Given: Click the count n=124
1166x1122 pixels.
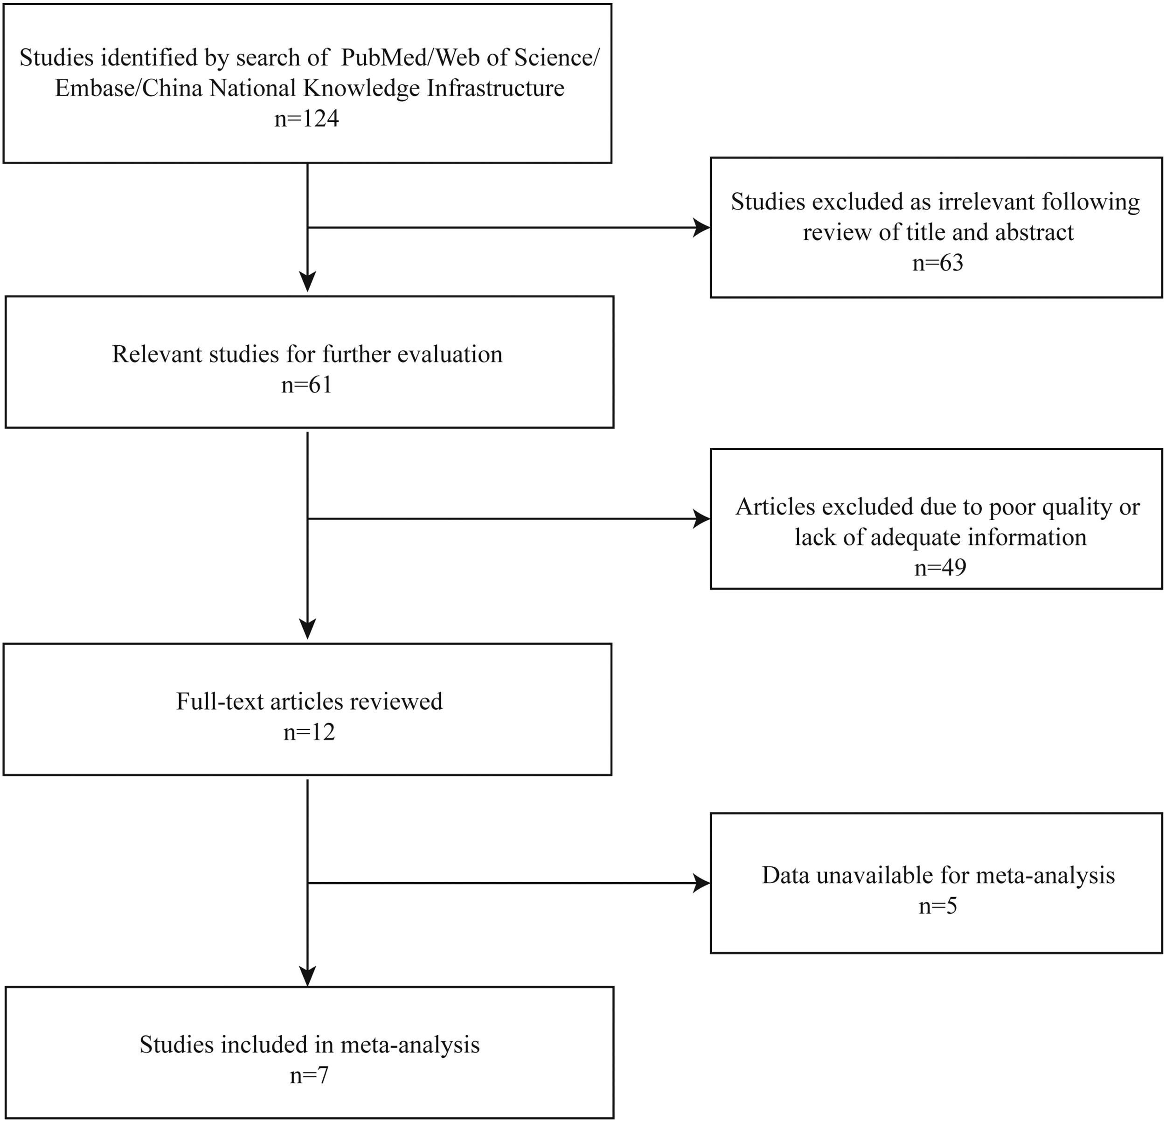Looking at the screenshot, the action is (306, 118).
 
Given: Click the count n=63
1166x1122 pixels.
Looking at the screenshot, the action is (937, 262).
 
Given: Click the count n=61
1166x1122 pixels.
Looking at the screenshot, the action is (306, 385).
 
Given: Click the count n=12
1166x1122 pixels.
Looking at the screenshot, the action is (309, 732).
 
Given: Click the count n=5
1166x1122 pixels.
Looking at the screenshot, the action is (937, 906).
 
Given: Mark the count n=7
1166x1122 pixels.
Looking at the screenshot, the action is (309, 1076).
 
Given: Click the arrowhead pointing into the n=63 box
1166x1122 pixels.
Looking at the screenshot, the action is (702, 227).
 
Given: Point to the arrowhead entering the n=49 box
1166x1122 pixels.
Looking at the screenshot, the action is (702, 519).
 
